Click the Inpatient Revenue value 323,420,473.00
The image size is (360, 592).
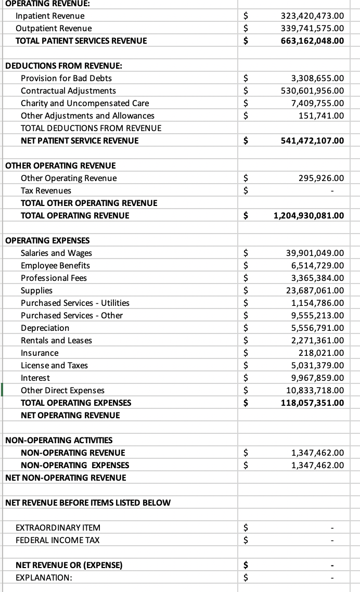coord(312,16)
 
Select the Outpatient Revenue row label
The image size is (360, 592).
coord(54,28)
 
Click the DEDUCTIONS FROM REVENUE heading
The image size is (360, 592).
coord(63,66)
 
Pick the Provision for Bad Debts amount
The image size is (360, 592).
coord(317,78)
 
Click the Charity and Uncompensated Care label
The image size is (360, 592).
coord(85,103)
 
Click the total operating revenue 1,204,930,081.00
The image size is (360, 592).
coord(308,215)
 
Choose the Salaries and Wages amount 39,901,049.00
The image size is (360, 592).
coord(315,253)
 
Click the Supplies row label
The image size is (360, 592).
coord(36,290)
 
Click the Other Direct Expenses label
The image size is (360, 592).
coord(62,390)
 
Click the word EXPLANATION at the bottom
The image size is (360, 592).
coord(44,577)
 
